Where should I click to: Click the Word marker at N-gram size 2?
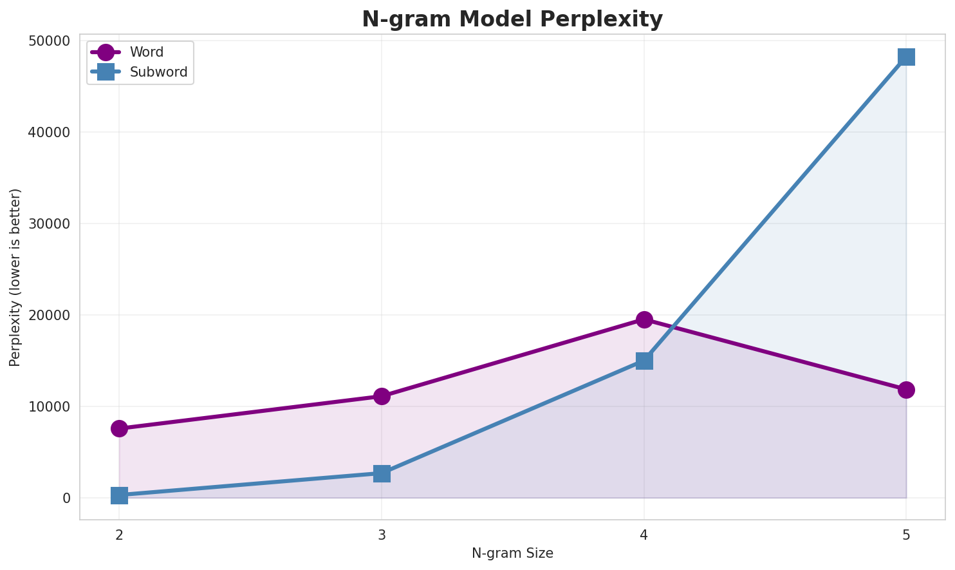119,428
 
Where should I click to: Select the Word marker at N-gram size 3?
382,396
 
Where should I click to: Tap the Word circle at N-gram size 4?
644,319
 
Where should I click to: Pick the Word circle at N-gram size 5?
906,390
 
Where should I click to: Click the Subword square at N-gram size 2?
119,495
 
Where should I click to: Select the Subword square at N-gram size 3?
382,473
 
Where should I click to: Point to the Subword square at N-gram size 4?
644,361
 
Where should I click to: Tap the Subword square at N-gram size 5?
906,57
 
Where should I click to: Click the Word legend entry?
146,52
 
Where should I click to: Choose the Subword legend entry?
158,72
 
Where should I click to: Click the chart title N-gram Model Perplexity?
512,19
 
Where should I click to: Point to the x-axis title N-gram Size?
512,553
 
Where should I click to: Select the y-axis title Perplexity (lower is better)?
15,277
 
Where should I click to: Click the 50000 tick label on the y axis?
49,41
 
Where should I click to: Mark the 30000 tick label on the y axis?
49,224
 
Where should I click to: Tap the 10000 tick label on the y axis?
49,407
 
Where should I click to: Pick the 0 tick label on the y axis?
66,499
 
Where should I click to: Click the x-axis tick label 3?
382,535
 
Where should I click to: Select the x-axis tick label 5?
906,535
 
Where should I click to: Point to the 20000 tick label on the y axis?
49,316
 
